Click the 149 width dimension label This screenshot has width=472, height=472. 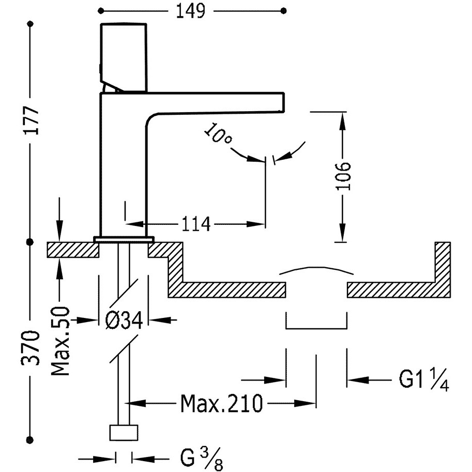(x=191, y=11)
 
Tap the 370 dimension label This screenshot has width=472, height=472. (x=30, y=348)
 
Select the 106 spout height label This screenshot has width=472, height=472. (x=343, y=176)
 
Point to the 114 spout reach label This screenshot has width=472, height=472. (x=195, y=224)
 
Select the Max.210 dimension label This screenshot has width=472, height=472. (x=222, y=403)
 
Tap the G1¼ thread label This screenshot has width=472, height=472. (x=424, y=379)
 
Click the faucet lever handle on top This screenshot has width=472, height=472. (x=124, y=57)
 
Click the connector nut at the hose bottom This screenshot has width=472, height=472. (x=124, y=433)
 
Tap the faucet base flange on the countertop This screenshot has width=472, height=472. (x=124, y=239)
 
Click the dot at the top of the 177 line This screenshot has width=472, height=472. (x=30, y=24)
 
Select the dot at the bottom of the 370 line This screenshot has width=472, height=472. (x=30, y=439)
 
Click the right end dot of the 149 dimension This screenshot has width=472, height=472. (x=283, y=11)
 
